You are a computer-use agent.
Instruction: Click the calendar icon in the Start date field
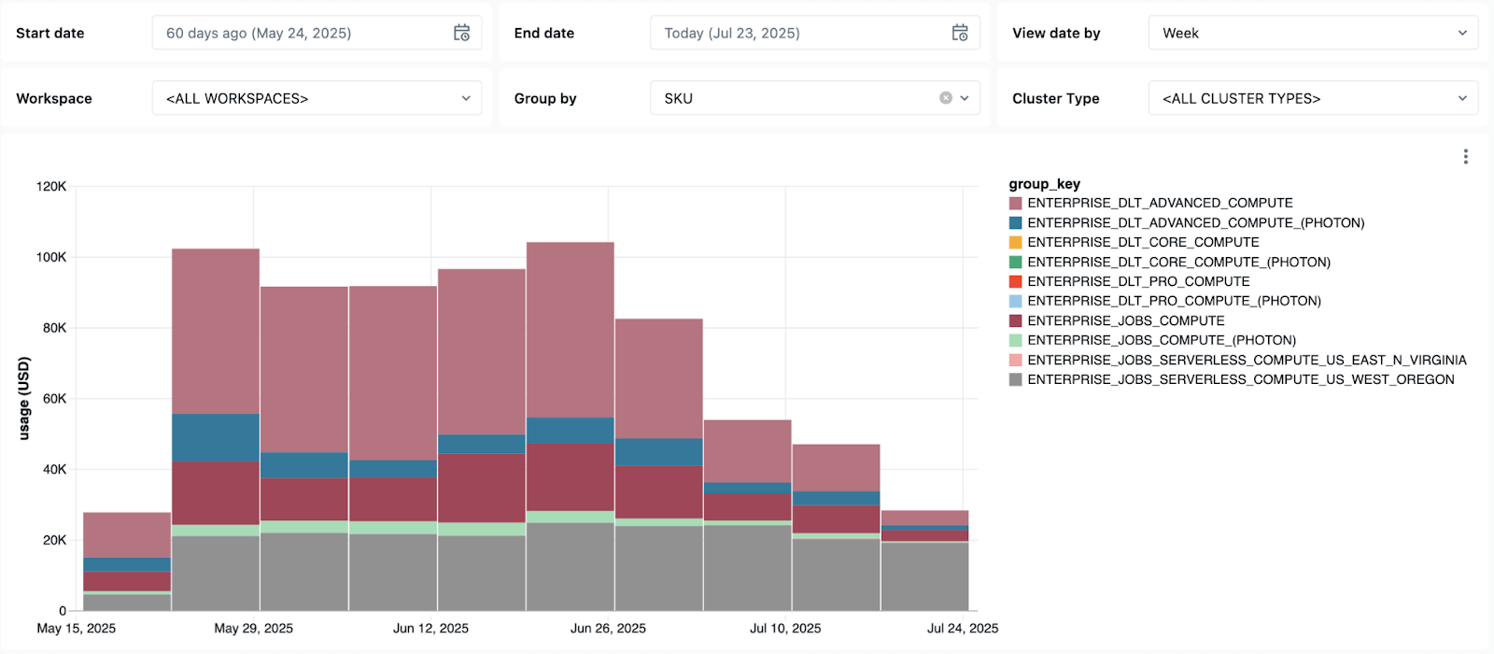click(x=461, y=33)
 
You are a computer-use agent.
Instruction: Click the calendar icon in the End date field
click(x=959, y=33)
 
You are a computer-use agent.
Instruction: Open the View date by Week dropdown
click(x=1312, y=33)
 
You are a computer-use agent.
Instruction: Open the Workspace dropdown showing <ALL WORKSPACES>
click(x=317, y=98)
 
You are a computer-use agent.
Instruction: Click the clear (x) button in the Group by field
click(x=946, y=98)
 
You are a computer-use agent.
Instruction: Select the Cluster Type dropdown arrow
click(x=1462, y=98)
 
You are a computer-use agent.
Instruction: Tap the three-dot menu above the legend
click(x=1465, y=157)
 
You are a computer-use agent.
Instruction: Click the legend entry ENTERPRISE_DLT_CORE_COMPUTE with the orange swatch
click(x=1143, y=242)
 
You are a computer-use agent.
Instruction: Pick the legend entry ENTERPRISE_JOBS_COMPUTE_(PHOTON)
click(x=1162, y=340)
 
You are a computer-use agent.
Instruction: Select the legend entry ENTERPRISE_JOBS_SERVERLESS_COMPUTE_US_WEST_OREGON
click(x=1240, y=379)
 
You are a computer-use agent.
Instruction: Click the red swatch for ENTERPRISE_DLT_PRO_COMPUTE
click(x=1015, y=281)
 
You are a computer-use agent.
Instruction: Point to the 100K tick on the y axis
click(x=51, y=257)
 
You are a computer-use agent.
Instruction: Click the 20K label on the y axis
click(x=54, y=540)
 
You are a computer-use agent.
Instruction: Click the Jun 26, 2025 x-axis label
click(x=608, y=628)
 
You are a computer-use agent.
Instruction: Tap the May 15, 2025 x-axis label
click(x=77, y=628)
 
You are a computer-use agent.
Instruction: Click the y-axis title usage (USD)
click(x=24, y=398)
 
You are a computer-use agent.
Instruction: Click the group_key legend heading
click(x=1044, y=184)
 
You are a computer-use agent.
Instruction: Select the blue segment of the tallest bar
click(x=570, y=431)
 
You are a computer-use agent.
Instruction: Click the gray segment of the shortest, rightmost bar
click(x=924, y=576)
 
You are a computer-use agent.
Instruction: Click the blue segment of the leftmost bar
click(x=127, y=564)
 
